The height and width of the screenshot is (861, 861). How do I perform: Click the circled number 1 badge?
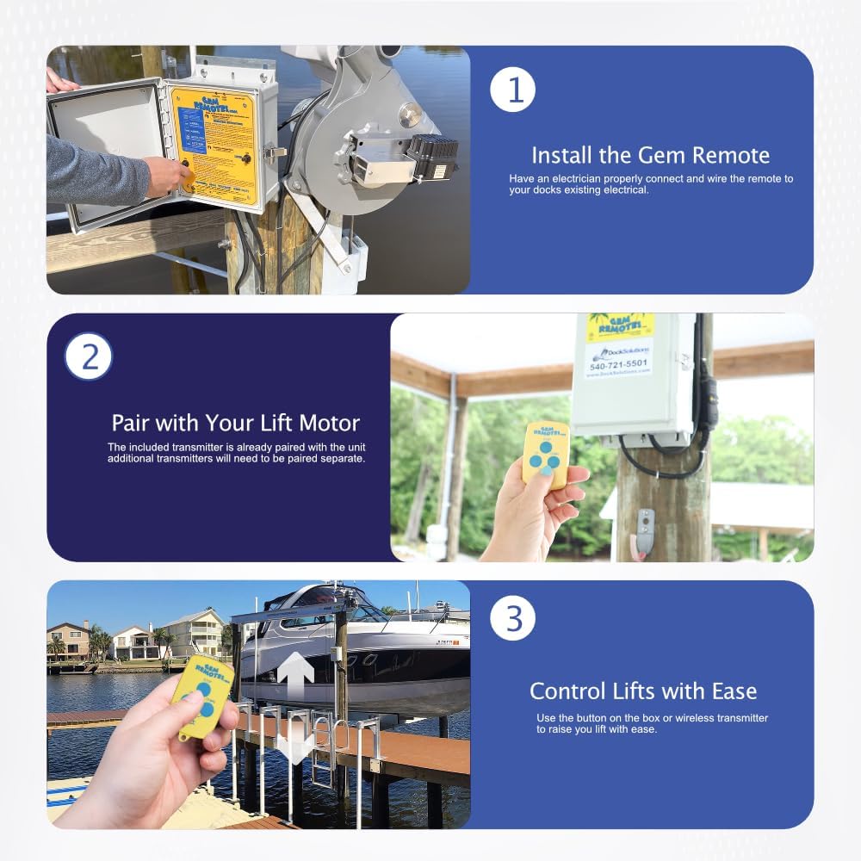(x=513, y=90)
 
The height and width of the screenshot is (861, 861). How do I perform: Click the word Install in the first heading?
(x=561, y=156)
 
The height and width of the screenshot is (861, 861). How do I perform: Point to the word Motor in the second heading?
(x=329, y=424)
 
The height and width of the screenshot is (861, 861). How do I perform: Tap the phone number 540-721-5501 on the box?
(x=619, y=364)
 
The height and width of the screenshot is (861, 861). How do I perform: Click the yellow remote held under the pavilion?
(x=545, y=455)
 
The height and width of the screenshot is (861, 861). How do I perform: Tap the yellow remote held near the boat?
(x=202, y=696)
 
